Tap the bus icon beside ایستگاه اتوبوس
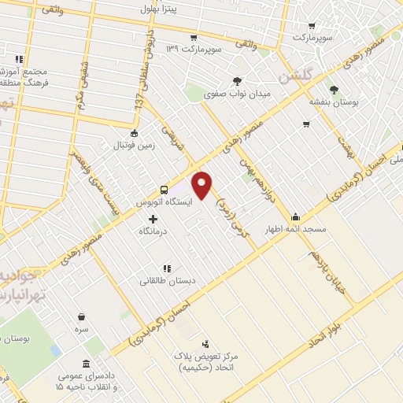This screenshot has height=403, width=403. tap(164, 190)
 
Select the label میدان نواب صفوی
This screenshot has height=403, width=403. tap(238, 93)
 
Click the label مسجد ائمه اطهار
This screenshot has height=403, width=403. tap(296, 229)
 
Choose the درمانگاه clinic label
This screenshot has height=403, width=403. tap(155, 232)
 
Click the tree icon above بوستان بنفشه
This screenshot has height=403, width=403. tap(334, 89)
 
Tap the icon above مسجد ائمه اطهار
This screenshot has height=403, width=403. tap(296, 217)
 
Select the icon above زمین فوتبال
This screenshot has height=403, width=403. tap(135, 133)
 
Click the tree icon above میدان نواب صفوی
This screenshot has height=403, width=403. tap(238, 81)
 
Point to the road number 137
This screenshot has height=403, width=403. tap(139, 103)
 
